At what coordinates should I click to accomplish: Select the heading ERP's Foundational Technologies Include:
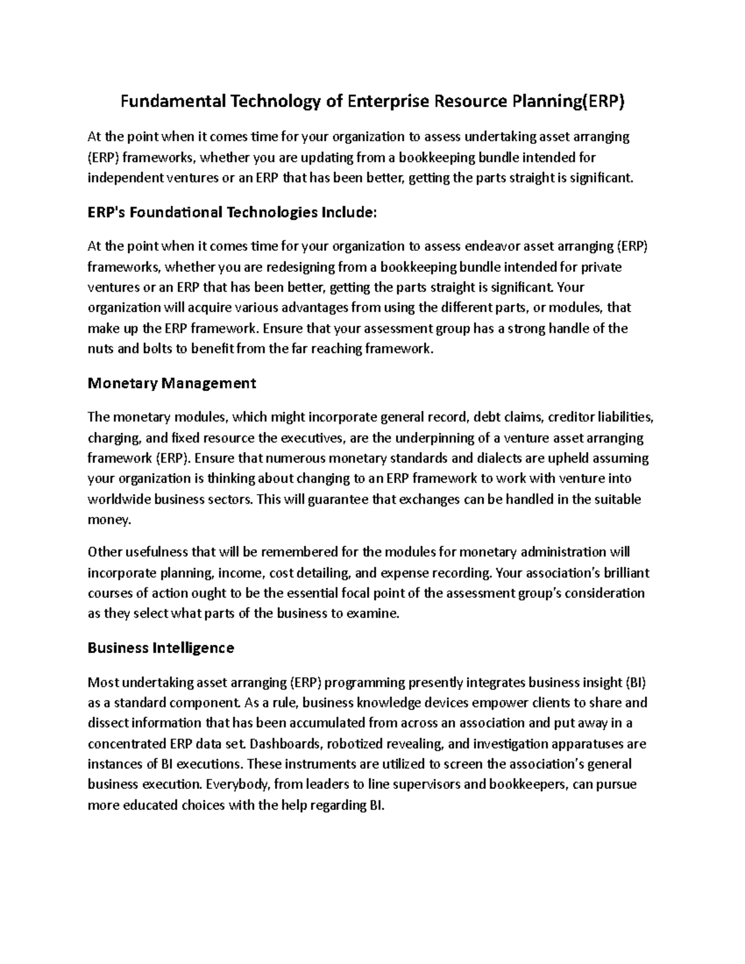(x=232, y=213)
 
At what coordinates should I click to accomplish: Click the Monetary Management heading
(x=172, y=383)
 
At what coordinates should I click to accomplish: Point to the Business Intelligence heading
(x=161, y=648)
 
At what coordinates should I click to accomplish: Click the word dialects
(x=501, y=459)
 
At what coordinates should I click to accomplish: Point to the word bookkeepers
(x=528, y=785)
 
